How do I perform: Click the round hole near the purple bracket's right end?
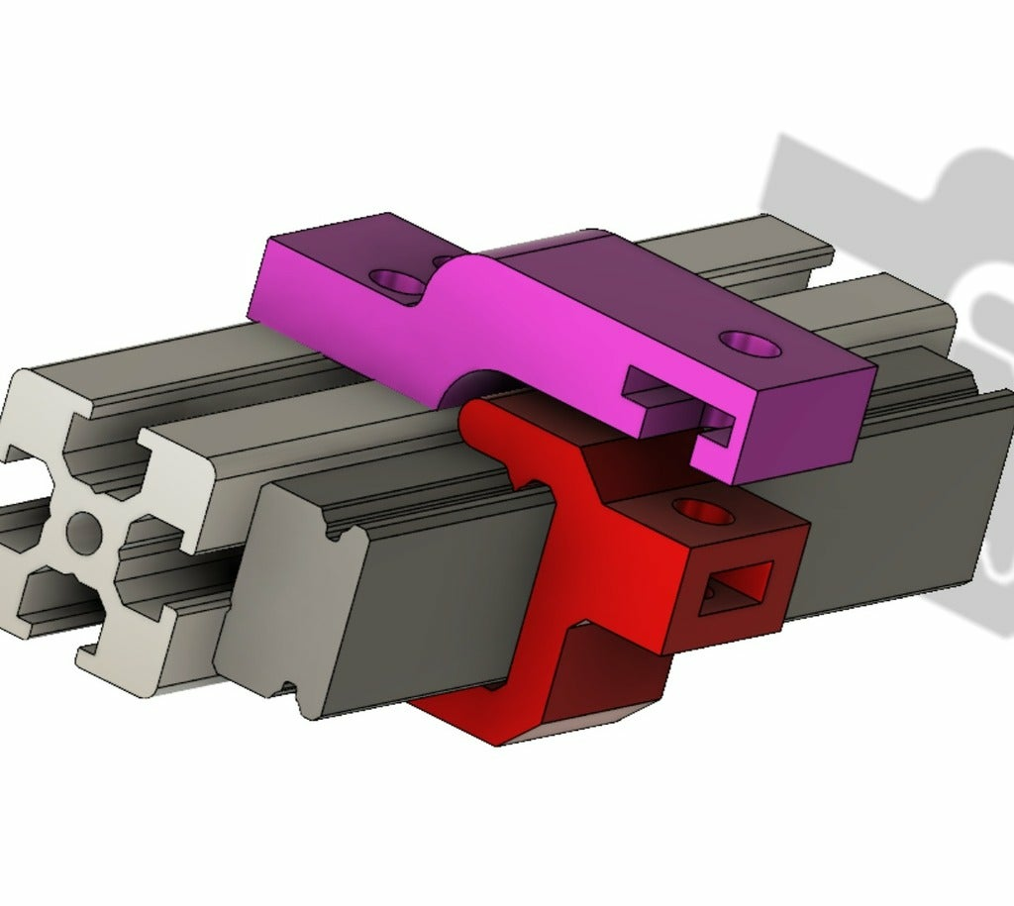click(x=749, y=344)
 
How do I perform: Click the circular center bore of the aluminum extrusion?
click(x=83, y=531)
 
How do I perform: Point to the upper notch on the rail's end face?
click(x=341, y=535)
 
